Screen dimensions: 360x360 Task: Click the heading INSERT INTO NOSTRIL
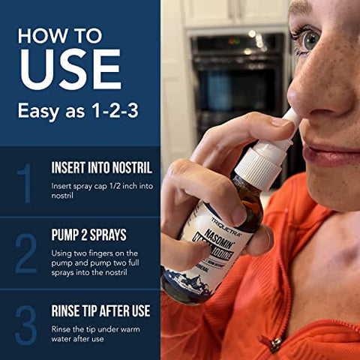pos(101,167)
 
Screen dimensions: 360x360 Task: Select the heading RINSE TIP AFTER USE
pos(100,310)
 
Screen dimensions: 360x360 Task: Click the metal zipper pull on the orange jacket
pos(277,344)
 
